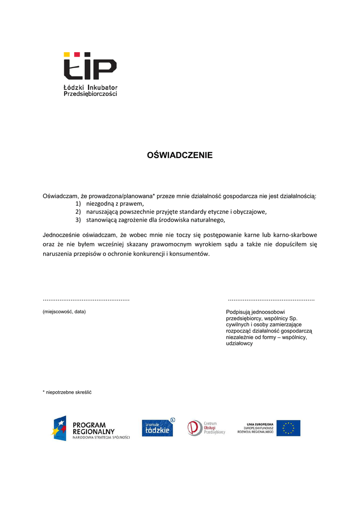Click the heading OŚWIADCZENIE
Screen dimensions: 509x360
pyautogui.click(x=180, y=156)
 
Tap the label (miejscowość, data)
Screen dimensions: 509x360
pyautogui.click(x=64, y=312)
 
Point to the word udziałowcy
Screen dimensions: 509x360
pyautogui.click(x=239, y=343)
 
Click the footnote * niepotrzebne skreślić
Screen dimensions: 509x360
pyautogui.click(x=67, y=392)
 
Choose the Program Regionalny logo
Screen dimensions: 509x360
pyautogui.click(x=91, y=428)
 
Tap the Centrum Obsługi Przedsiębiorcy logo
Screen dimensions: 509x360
pyautogui.click(x=206, y=428)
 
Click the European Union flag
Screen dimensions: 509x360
pyautogui.click(x=288, y=428)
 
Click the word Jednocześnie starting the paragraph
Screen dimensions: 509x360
pyautogui.click(x=62, y=235)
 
